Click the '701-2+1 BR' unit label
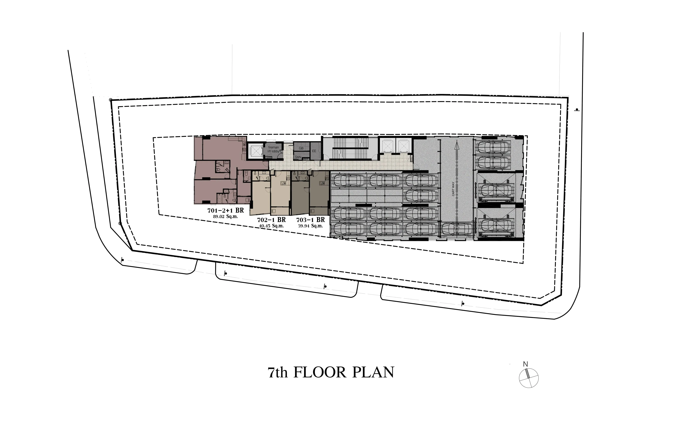[226, 210]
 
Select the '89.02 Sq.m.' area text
[226, 217]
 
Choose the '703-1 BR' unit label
[310, 220]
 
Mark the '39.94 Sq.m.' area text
[310, 226]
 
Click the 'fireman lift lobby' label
[273, 149]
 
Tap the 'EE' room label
[314, 151]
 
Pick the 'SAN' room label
[298, 157]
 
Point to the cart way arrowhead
[456, 145]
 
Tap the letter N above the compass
[525, 364]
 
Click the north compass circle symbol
[529, 378]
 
